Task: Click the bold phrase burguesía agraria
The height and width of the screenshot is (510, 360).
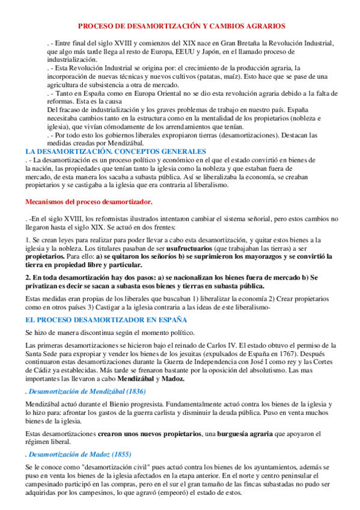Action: click(x=208, y=433)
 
